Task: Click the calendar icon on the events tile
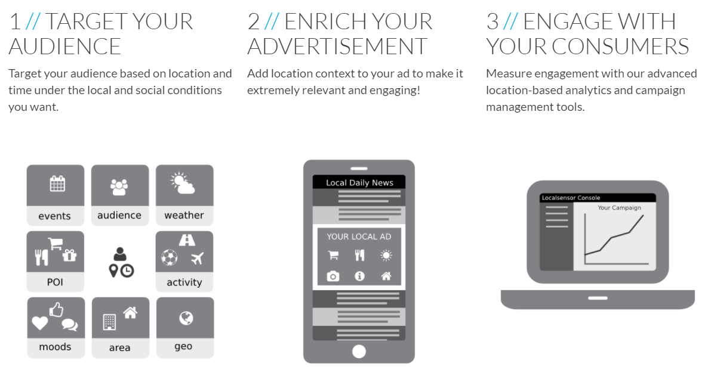click(x=57, y=184)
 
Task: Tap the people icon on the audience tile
click(x=119, y=187)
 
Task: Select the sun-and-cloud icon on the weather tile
click(x=183, y=183)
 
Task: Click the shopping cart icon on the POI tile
click(x=55, y=244)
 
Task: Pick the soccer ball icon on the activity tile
click(x=170, y=257)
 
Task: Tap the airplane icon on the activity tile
click(x=198, y=258)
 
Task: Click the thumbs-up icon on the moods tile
click(x=57, y=309)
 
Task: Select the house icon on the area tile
click(x=130, y=312)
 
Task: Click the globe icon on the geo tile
click(x=186, y=318)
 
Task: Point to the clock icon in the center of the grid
click(x=127, y=271)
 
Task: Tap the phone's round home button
click(x=359, y=352)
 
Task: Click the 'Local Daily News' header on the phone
click(x=359, y=182)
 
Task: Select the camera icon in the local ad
click(x=333, y=276)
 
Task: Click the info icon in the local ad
click(x=359, y=276)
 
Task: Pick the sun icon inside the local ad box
click(x=386, y=256)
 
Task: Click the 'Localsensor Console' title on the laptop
click(x=571, y=198)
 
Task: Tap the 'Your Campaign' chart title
click(x=620, y=208)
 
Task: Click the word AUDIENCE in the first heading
click(x=65, y=46)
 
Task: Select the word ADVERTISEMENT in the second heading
click(x=337, y=46)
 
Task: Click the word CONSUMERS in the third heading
click(x=620, y=46)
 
